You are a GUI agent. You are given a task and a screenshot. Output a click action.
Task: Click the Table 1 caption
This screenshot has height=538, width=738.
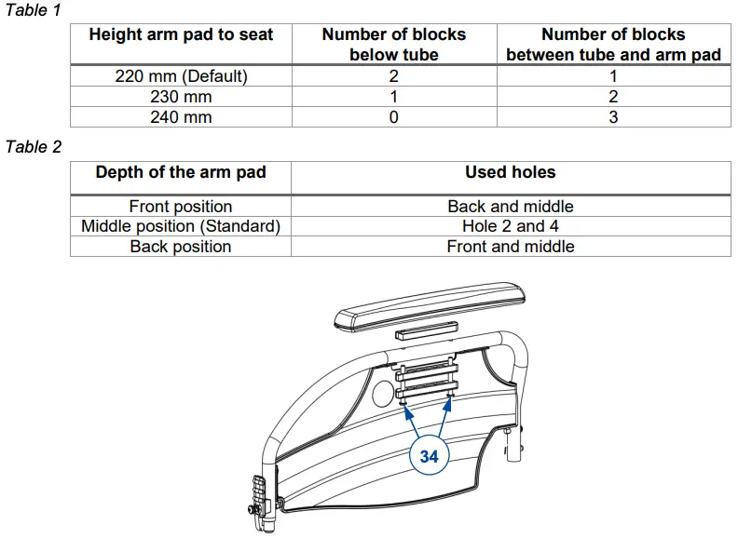point(34,10)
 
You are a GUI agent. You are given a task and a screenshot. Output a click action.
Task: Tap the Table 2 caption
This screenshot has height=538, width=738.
point(34,147)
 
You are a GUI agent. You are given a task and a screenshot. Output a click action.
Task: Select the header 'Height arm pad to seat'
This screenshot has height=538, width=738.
point(181,34)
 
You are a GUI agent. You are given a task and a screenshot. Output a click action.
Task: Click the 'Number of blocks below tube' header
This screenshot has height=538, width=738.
point(394,44)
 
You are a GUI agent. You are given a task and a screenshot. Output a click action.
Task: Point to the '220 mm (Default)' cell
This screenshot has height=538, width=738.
point(181,76)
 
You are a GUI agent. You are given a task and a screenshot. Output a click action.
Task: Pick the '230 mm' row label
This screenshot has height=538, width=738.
point(181,97)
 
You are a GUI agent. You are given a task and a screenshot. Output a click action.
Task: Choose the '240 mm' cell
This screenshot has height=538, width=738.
point(181,117)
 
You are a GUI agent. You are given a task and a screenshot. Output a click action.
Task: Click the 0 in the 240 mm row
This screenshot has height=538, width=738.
point(394,117)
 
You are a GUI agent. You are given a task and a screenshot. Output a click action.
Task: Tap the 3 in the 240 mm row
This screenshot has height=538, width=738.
point(613,117)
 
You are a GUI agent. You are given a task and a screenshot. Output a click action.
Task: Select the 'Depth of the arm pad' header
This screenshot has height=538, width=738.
point(181,172)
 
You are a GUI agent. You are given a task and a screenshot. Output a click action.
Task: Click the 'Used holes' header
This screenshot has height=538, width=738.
point(511,172)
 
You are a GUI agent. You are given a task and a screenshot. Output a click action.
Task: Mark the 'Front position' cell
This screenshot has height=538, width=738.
point(181,207)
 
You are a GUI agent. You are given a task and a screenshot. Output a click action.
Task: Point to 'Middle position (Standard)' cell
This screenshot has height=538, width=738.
point(181,226)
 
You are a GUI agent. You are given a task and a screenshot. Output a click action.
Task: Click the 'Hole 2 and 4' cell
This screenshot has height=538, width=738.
point(511,226)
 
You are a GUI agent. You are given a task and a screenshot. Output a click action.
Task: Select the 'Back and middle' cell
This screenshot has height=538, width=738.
point(511,207)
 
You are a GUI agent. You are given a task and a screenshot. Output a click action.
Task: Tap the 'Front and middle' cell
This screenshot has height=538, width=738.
point(511,247)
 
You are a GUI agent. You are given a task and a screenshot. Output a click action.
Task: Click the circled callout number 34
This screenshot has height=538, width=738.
point(429,456)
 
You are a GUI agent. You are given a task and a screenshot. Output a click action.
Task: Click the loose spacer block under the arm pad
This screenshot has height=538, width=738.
point(427,330)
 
